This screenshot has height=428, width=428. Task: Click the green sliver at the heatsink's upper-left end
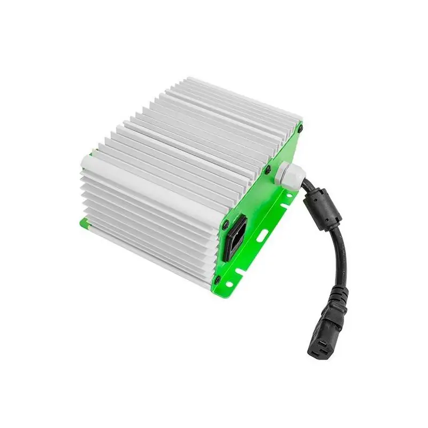(91, 154)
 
